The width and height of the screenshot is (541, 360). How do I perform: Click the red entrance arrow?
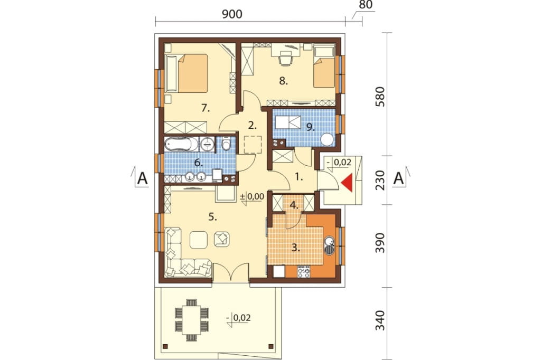click(348, 183)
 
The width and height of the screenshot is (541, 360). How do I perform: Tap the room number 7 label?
click(206, 108)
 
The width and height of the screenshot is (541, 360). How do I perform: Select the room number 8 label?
click(283, 81)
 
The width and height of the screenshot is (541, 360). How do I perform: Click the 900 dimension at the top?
click(232, 14)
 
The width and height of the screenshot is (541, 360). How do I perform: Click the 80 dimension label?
click(366, 5)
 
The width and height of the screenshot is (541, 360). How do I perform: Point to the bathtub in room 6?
click(181, 144)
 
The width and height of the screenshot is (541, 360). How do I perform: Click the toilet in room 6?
click(226, 144)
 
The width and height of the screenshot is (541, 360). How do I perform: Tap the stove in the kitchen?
click(304, 272)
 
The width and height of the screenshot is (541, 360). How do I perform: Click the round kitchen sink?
click(329, 240)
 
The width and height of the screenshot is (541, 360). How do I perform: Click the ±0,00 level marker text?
click(252, 196)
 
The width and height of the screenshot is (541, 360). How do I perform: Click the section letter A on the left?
click(142, 179)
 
